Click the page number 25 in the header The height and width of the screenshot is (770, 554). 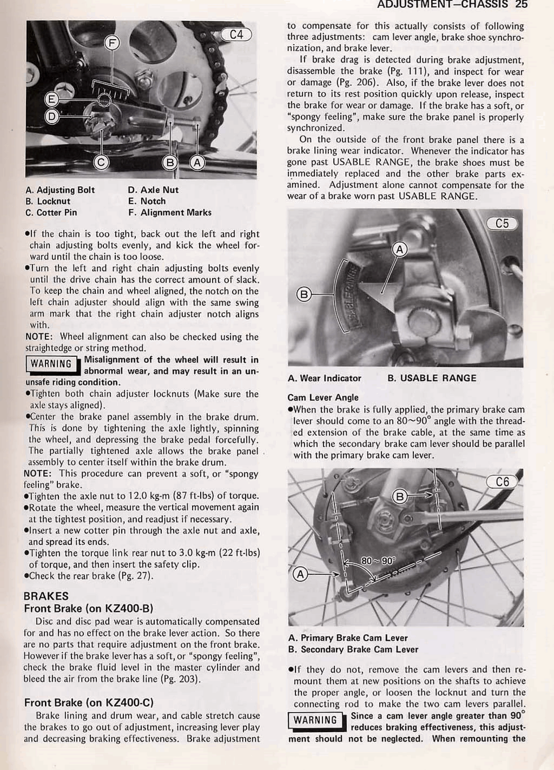(x=521, y=5)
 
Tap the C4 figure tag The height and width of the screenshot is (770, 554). (x=237, y=35)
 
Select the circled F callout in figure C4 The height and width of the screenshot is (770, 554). (x=112, y=43)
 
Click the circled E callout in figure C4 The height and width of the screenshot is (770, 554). (x=52, y=100)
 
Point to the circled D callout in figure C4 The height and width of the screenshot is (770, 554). (x=52, y=116)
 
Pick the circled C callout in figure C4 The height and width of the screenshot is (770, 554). (x=101, y=163)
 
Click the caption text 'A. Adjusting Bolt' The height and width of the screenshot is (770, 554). (x=60, y=190)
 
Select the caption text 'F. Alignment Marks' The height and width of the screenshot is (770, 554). (x=170, y=213)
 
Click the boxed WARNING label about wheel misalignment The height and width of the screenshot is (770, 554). (x=51, y=364)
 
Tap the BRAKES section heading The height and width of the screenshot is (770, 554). (x=46, y=596)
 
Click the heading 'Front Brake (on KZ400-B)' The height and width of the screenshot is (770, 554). (x=89, y=609)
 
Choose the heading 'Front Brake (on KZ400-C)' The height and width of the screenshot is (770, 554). (x=89, y=703)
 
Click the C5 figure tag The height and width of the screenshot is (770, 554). (x=502, y=223)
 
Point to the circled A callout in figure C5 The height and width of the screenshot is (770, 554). (x=399, y=250)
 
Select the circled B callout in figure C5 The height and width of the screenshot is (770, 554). (x=304, y=295)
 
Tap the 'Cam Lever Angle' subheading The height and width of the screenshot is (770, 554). (x=323, y=397)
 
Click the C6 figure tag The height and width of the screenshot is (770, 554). (x=502, y=482)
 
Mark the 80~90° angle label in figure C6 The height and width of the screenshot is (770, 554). (x=378, y=561)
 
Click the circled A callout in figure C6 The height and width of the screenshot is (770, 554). (x=300, y=575)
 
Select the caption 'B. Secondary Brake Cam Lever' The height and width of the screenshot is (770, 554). (x=353, y=650)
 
